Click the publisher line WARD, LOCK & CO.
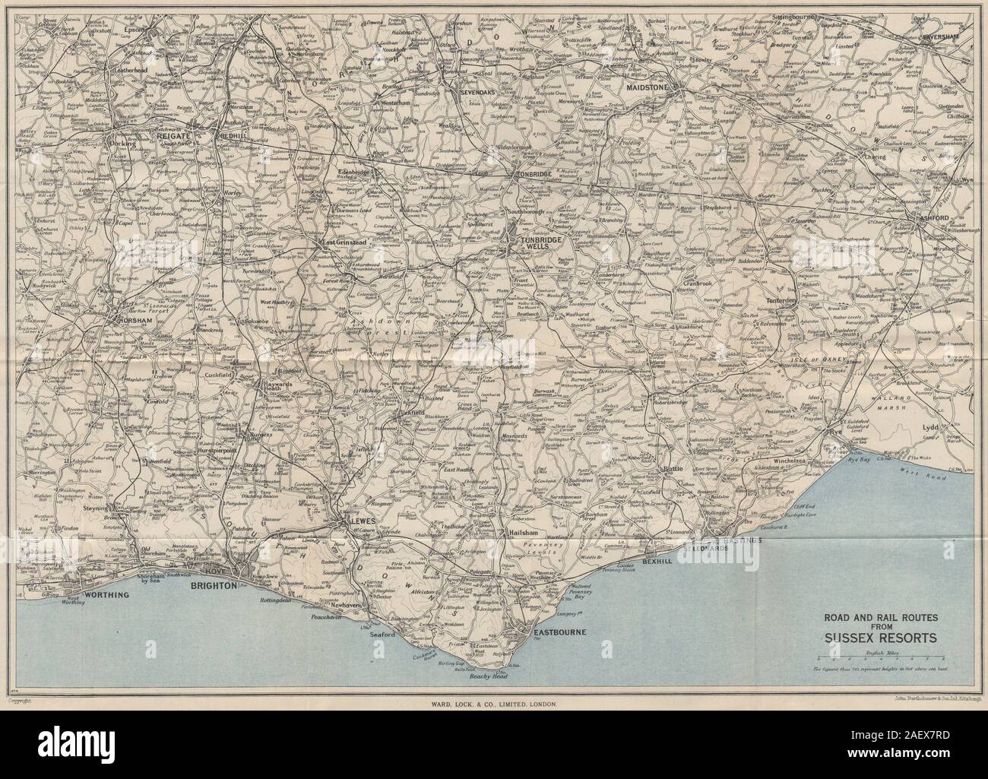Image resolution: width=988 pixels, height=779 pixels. point(492,705)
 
